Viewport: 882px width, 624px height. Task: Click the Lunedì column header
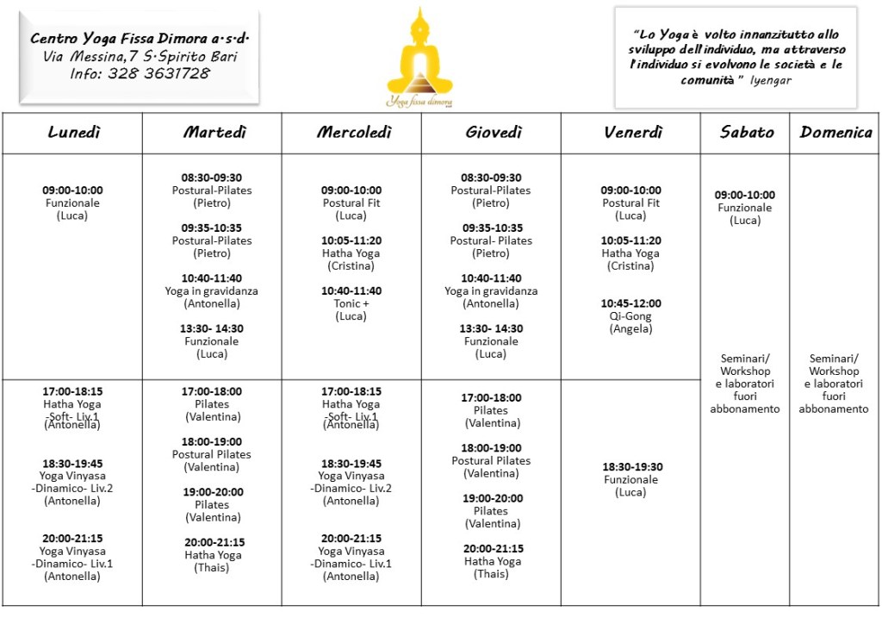click(x=73, y=132)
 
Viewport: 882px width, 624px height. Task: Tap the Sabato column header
click(x=747, y=132)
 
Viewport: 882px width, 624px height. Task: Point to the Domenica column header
click(x=835, y=132)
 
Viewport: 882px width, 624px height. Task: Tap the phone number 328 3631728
click(x=164, y=73)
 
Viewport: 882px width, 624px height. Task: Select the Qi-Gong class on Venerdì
click(x=630, y=316)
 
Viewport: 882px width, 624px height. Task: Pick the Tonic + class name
click(x=351, y=303)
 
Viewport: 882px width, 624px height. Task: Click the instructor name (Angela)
click(x=630, y=329)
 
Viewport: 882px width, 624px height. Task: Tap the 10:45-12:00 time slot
click(x=630, y=303)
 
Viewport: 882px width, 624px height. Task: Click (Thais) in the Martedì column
click(x=213, y=568)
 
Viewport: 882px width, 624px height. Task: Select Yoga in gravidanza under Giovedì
click(x=491, y=291)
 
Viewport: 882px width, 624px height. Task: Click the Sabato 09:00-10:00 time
click(x=744, y=195)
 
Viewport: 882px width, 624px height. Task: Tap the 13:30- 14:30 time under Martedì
click(x=212, y=328)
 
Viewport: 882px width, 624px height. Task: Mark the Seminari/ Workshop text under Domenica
click(x=834, y=365)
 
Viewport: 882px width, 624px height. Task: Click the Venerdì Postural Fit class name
click(x=631, y=203)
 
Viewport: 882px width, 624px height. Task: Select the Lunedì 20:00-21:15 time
click(x=72, y=539)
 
